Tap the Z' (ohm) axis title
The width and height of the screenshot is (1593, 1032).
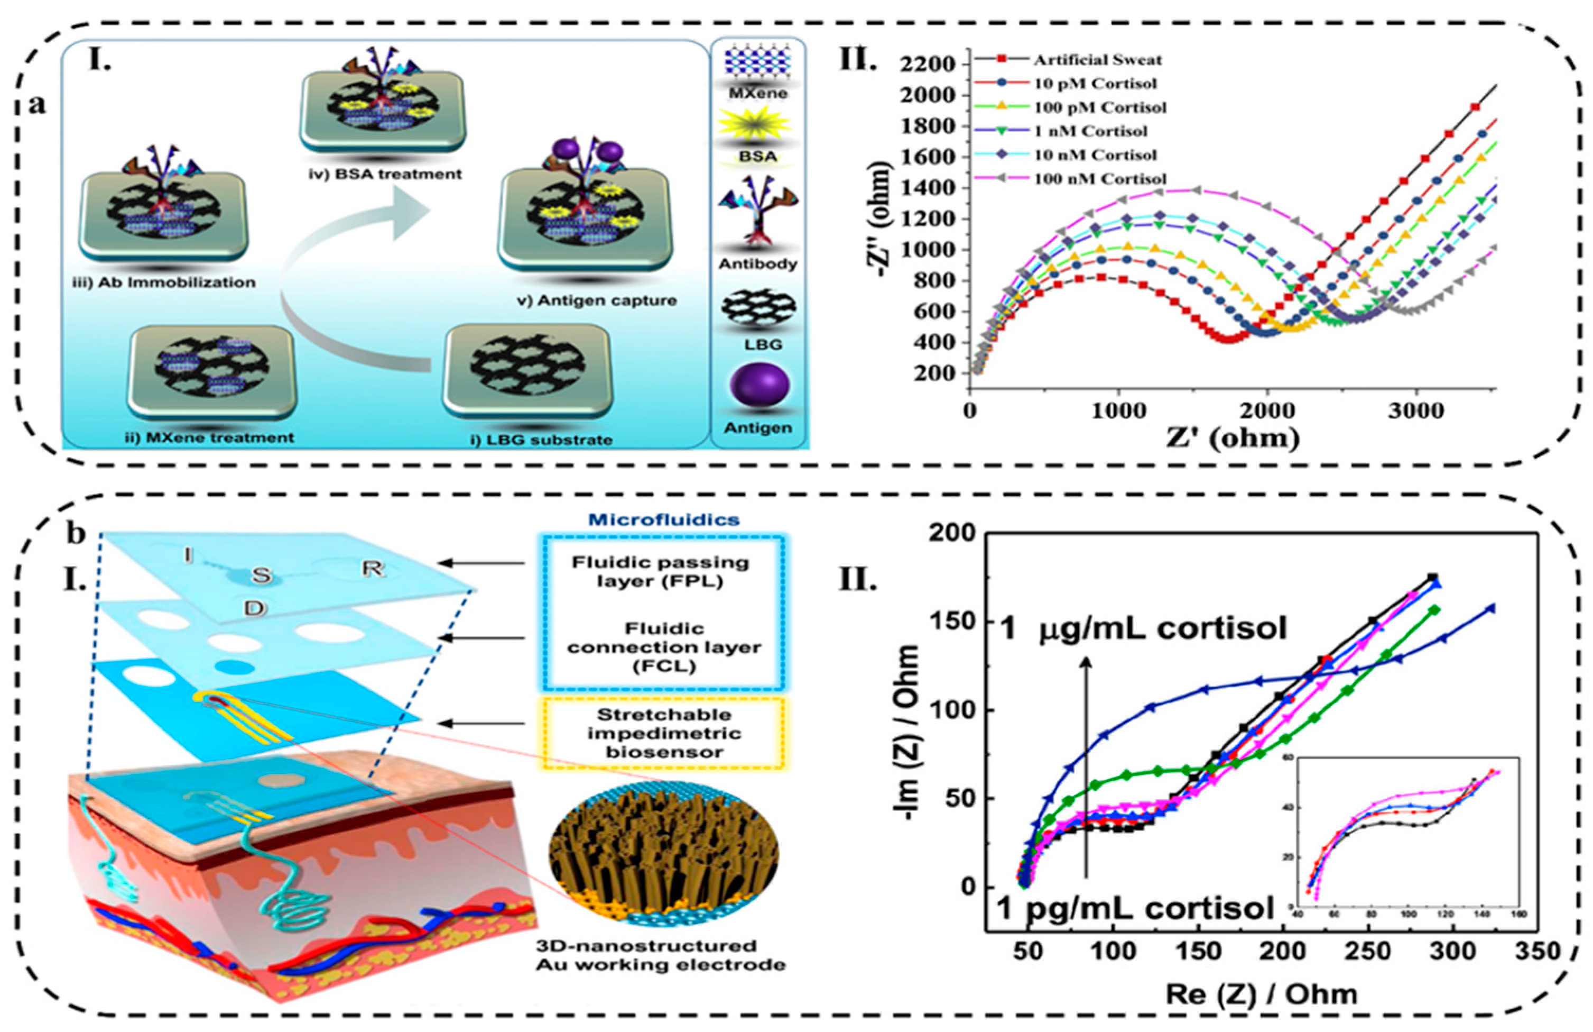tap(1233, 438)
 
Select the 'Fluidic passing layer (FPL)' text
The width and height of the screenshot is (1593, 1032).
tap(660, 571)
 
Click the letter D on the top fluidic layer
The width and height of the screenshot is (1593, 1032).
tap(256, 608)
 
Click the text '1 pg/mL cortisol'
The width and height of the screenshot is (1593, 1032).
tap(1135, 909)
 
